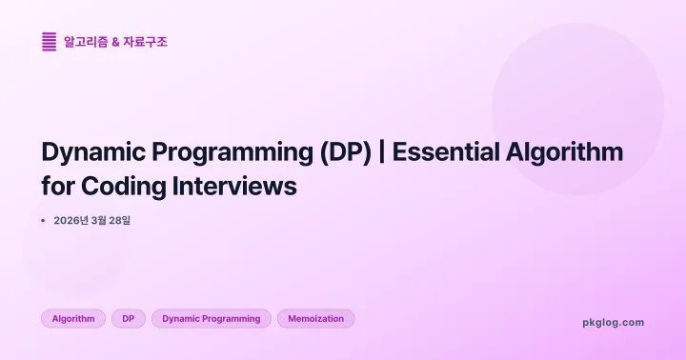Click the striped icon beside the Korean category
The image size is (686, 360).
pos(49,42)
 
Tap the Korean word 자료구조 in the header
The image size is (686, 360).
pos(145,42)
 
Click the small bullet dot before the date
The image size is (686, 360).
pos(43,221)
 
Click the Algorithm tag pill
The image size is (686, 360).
pos(73,319)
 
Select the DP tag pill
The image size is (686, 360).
pos(128,319)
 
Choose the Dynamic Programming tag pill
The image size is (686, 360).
pos(211,319)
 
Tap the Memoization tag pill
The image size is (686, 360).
pos(315,319)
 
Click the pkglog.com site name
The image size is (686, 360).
pos(613,322)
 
